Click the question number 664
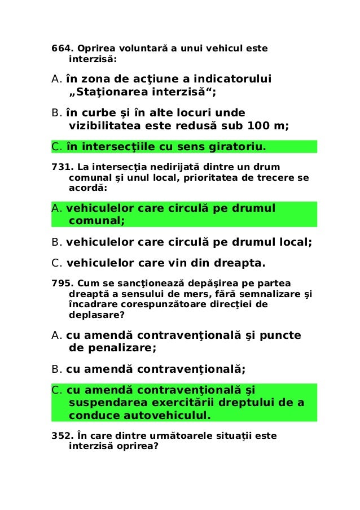click(x=61, y=48)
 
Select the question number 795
click(x=61, y=283)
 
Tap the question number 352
click(x=61, y=435)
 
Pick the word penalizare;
click(x=121, y=348)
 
